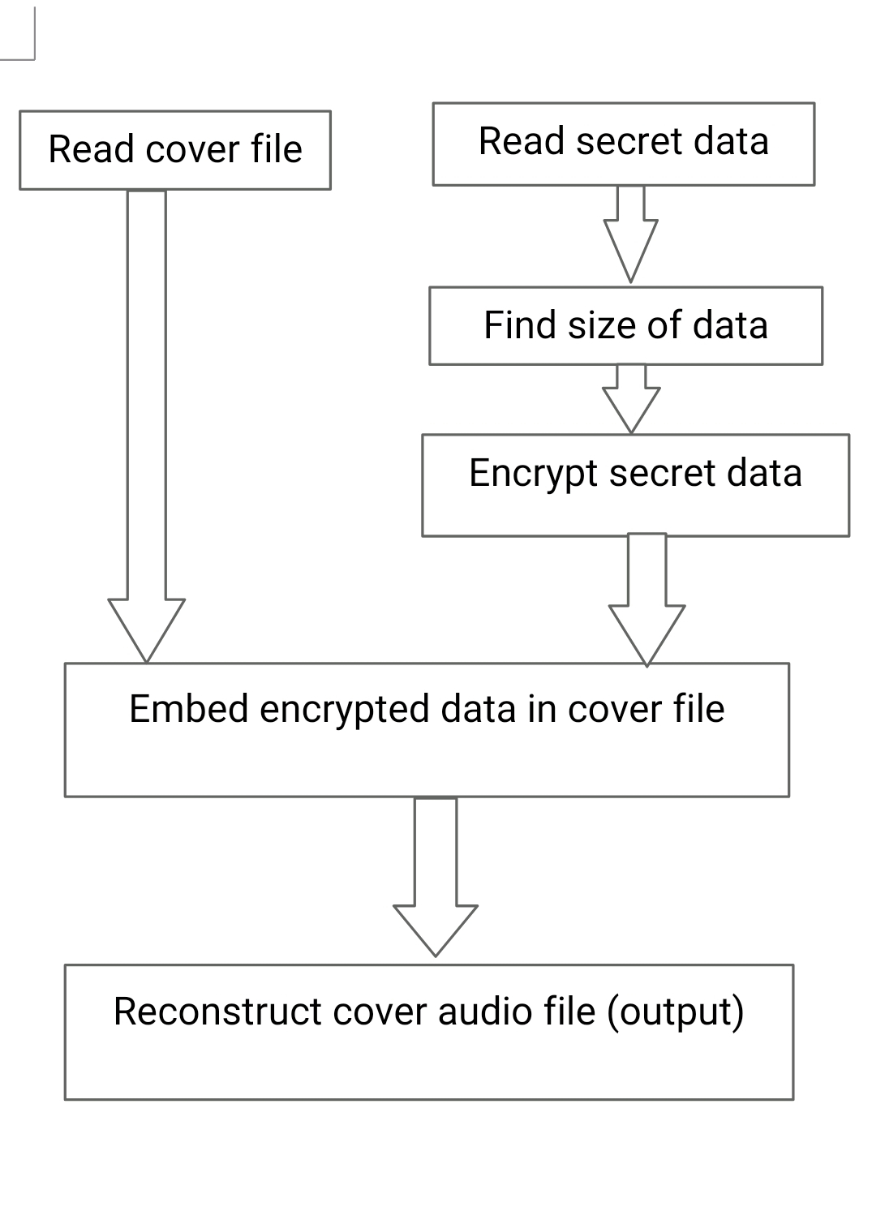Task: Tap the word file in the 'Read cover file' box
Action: (276, 149)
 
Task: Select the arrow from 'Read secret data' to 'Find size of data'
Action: (631, 235)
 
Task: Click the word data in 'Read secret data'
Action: (730, 141)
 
